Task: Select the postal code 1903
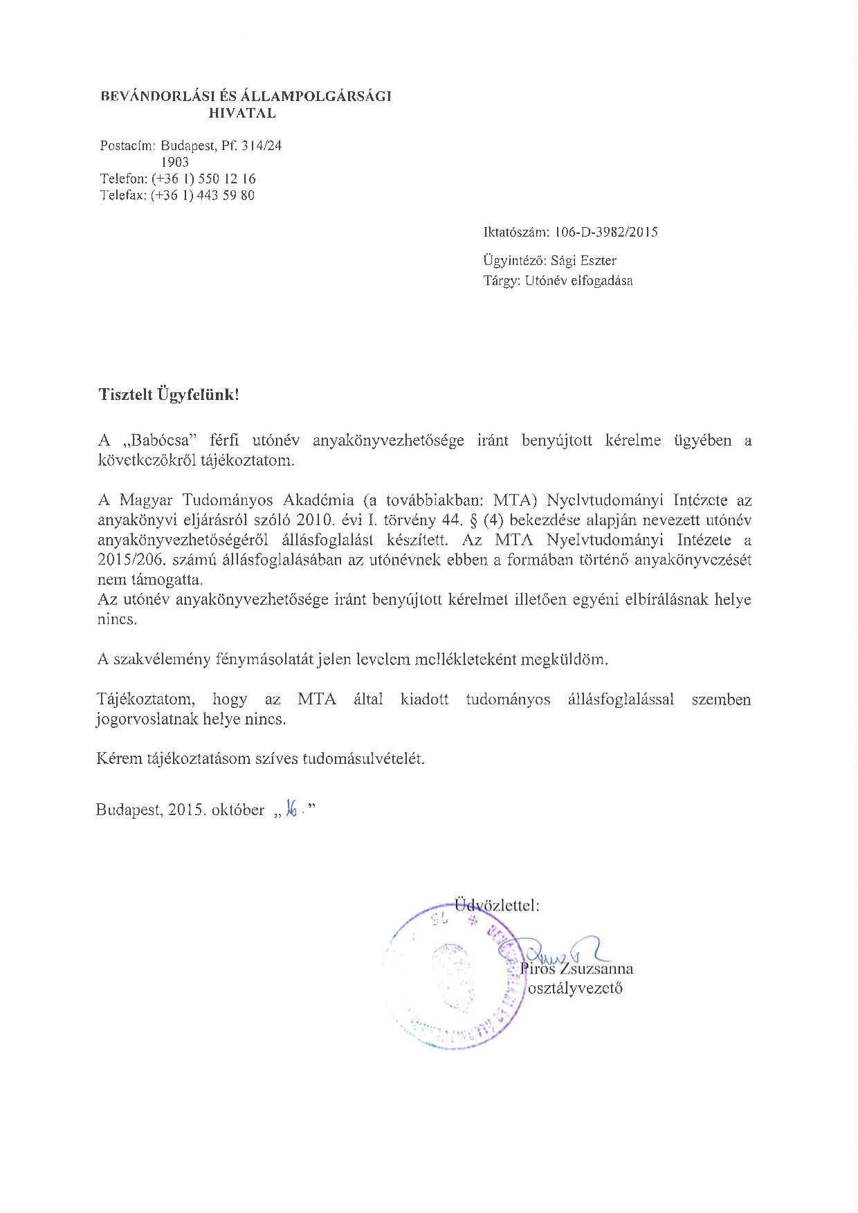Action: click(174, 163)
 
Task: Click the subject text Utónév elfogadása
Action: click(579, 281)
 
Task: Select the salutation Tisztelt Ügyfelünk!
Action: click(168, 395)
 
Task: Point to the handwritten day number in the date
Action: click(292, 809)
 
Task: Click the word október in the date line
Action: click(237, 810)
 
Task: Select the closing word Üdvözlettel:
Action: click(497, 905)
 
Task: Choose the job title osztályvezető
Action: click(575, 988)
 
